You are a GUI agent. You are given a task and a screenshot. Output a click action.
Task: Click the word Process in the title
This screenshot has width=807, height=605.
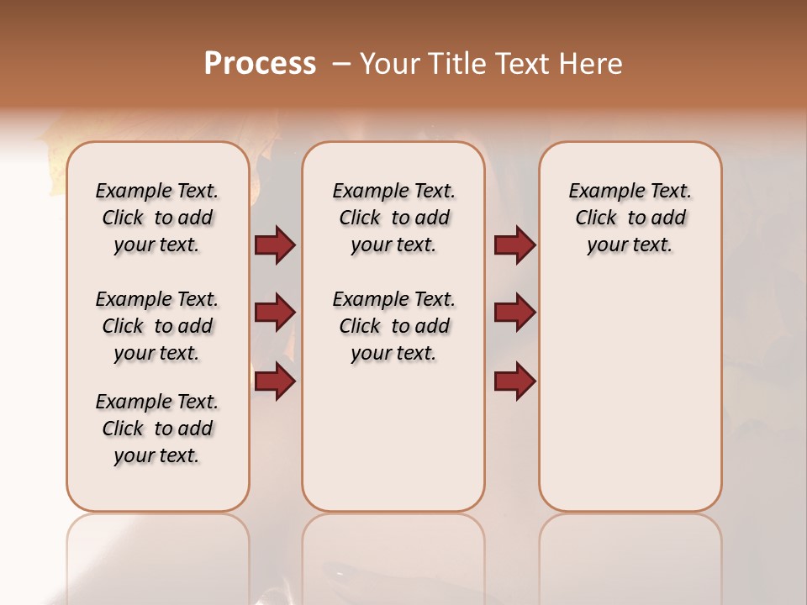pyautogui.click(x=259, y=64)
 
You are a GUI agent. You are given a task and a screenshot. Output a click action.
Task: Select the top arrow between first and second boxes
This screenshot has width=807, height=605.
pyautogui.click(x=275, y=245)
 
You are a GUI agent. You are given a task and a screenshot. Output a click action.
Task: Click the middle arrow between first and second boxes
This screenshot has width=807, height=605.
pyautogui.click(x=275, y=313)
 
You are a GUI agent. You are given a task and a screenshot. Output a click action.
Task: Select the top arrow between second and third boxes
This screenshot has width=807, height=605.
pyautogui.click(x=514, y=245)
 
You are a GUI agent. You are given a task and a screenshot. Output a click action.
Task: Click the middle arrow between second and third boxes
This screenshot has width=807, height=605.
pyautogui.click(x=514, y=313)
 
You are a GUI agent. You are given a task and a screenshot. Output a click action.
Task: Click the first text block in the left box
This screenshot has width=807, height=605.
pyautogui.click(x=157, y=218)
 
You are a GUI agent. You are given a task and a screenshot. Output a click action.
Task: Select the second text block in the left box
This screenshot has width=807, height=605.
pyautogui.click(x=157, y=326)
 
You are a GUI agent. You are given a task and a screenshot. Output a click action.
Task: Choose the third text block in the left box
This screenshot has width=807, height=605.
pyautogui.click(x=157, y=429)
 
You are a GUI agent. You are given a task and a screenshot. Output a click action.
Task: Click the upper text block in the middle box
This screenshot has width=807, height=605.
pyautogui.click(x=393, y=218)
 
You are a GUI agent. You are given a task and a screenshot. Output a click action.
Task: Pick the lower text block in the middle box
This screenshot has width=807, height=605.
pyautogui.click(x=393, y=326)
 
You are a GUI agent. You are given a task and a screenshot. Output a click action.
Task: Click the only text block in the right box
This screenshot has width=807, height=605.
pyautogui.click(x=630, y=218)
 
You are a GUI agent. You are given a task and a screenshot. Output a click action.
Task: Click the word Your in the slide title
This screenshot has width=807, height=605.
pyautogui.click(x=389, y=64)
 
